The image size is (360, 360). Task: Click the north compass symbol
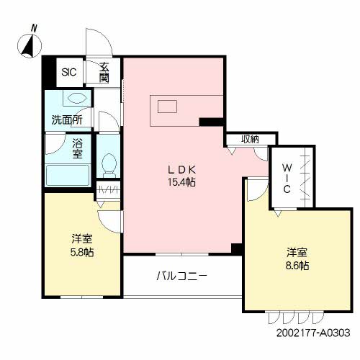(x=30, y=45)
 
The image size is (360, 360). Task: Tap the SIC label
(x=69, y=72)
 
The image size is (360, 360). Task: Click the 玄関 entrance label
(x=104, y=72)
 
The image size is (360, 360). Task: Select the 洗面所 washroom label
(x=67, y=120)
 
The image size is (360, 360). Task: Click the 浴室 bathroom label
(x=78, y=149)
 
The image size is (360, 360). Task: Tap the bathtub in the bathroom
(x=68, y=175)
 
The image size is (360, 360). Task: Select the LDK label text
(x=181, y=170)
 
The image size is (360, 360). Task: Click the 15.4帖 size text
(x=181, y=183)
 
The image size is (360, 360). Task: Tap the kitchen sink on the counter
(x=167, y=107)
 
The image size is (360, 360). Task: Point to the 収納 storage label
(x=250, y=139)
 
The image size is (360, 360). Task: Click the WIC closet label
(x=287, y=179)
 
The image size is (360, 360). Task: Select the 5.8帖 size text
(x=82, y=252)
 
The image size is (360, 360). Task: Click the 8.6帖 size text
(x=297, y=266)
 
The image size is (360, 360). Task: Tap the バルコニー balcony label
(x=181, y=276)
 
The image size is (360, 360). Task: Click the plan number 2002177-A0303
(x=313, y=333)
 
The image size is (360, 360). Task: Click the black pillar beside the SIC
(x=49, y=71)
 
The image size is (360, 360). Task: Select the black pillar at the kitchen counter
(x=212, y=122)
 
